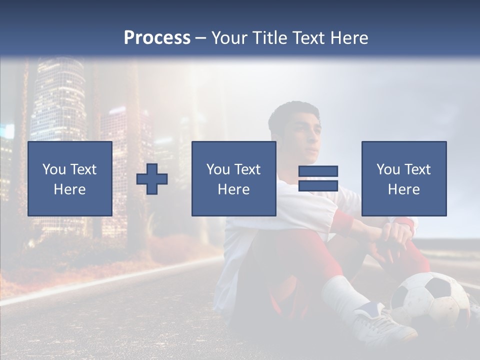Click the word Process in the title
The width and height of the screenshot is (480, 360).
(x=157, y=38)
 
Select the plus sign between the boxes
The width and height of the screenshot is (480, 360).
(x=152, y=178)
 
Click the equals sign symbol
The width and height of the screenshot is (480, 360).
(x=318, y=178)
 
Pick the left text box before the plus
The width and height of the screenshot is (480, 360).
(x=70, y=178)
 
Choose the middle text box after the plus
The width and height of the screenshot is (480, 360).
(x=233, y=178)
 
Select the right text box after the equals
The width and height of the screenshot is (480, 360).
(x=403, y=178)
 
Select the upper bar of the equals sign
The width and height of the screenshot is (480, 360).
(x=318, y=171)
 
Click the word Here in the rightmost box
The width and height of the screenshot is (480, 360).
(x=403, y=189)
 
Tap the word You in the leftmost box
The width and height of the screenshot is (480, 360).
(x=53, y=169)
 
